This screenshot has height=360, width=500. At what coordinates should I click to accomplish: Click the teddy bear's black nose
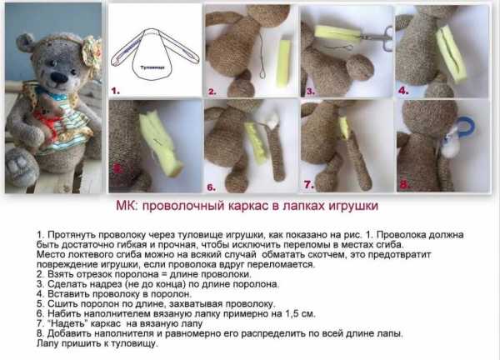tap(59, 77)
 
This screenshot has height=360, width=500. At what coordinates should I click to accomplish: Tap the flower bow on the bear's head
tap(92, 52)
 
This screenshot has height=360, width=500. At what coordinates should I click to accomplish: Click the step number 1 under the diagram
tap(115, 91)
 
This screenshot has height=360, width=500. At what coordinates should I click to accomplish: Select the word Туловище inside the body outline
tap(152, 67)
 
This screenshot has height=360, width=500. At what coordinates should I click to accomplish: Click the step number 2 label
tap(212, 92)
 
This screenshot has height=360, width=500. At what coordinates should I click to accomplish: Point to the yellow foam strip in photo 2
tap(283, 63)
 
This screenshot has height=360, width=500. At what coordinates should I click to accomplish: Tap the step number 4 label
tap(403, 91)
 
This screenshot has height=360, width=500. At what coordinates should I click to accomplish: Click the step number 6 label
tap(211, 187)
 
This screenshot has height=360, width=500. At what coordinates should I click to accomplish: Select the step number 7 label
tap(308, 185)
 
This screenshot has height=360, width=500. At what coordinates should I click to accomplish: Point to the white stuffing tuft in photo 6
tap(272, 121)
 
